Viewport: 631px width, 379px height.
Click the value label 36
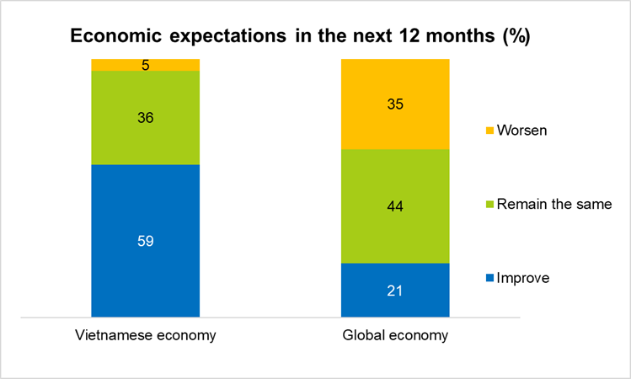(145, 118)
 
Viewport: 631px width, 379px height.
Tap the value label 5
(145, 65)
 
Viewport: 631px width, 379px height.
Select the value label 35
(395, 104)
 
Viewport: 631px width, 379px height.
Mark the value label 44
(395, 206)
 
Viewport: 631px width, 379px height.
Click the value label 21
(395, 291)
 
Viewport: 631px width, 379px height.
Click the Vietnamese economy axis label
(145, 335)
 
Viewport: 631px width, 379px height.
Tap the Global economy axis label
(395, 335)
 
